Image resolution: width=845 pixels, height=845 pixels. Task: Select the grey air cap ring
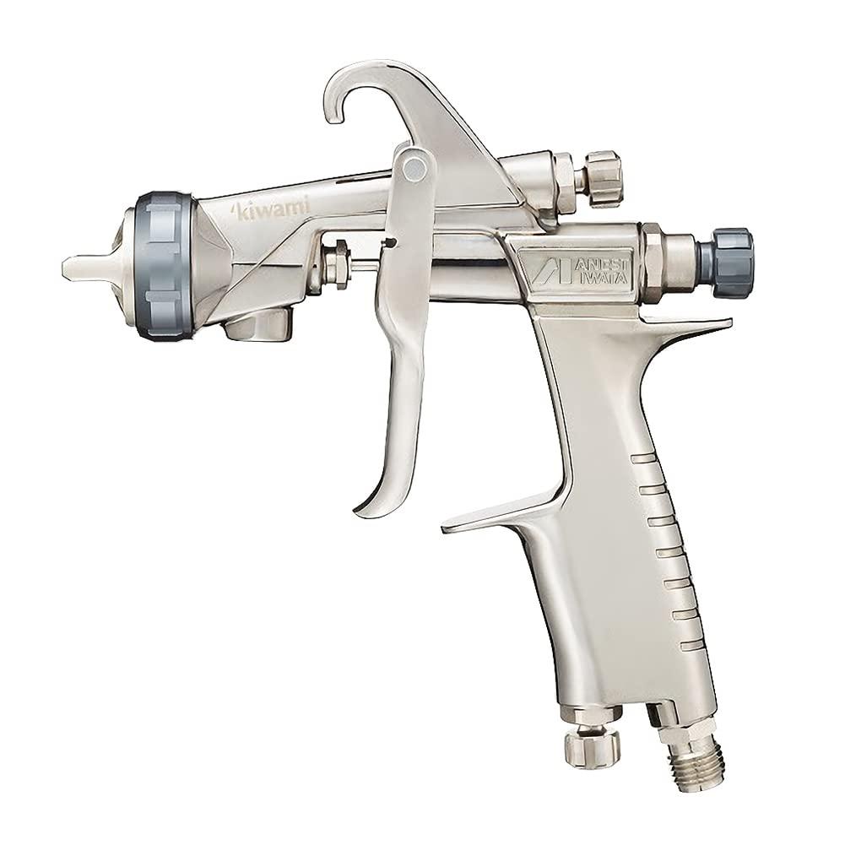pyautogui.click(x=163, y=265)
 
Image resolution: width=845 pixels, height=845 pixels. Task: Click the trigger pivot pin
pyautogui.click(x=414, y=168)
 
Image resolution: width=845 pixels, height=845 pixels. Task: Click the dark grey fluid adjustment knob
pyautogui.click(x=725, y=263)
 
